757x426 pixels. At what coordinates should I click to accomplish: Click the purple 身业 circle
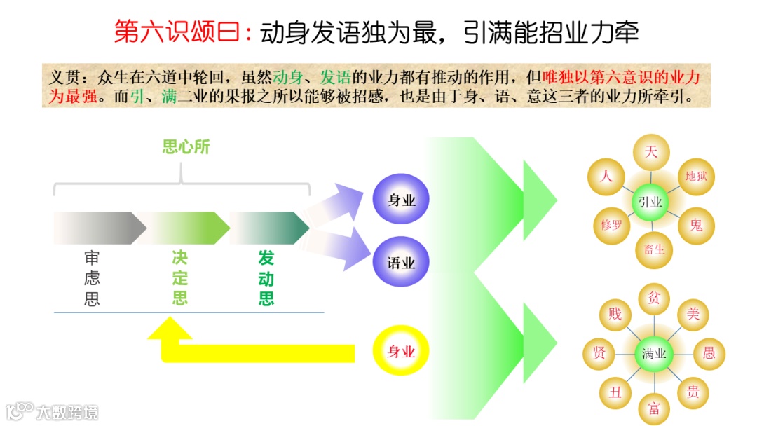click(x=402, y=200)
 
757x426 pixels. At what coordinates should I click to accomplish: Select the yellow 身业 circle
click(x=402, y=351)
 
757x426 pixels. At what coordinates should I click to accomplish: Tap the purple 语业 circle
click(x=402, y=263)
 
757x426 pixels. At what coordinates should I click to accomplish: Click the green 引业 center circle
click(x=651, y=202)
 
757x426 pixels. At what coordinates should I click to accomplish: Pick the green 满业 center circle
click(x=653, y=354)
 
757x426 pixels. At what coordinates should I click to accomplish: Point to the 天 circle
click(x=651, y=153)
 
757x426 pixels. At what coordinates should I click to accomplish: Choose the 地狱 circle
click(x=695, y=176)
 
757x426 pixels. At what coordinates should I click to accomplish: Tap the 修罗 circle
click(x=611, y=225)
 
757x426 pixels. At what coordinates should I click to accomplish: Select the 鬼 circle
click(x=695, y=225)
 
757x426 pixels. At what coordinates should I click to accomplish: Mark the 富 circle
click(x=655, y=406)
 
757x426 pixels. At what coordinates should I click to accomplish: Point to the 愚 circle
click(x=709, y=352)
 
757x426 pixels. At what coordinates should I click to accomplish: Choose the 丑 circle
click(x=615, y=392)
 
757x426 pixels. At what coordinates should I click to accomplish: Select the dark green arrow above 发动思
click(x=269, y=228)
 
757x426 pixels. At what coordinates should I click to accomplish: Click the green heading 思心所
click(x=186, y=147)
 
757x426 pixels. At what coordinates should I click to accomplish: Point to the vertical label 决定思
click(x=180, y=278)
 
